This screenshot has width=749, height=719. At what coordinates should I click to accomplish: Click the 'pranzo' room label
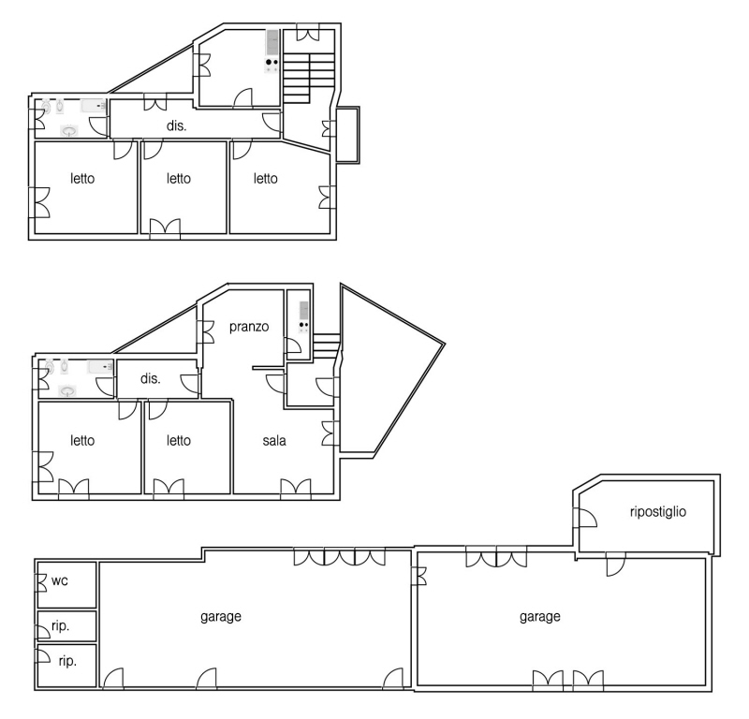coord(249,328)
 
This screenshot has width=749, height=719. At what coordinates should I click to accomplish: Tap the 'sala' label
coord(274,440)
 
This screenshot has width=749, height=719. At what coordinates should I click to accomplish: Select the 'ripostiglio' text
coord(658,512)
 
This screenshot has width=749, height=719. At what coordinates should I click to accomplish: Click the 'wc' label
coord(60,581)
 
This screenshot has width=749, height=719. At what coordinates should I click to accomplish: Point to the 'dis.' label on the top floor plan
coord(176,125)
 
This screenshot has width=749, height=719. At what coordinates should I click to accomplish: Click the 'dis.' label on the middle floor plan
coord(151,379)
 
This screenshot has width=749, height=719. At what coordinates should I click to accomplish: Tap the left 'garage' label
coord(221,617)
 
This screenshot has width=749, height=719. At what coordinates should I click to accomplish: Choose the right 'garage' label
coord(540,617)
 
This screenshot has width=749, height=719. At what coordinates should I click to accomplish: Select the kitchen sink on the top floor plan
coord(272,42)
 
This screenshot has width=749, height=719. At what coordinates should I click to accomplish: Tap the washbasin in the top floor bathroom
coord(69,130)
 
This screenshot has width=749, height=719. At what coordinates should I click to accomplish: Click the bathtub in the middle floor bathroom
coord(100,367)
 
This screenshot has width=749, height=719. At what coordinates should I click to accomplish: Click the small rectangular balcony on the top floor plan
coord(347,135)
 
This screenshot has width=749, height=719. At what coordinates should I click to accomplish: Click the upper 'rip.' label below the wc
coord(60,626)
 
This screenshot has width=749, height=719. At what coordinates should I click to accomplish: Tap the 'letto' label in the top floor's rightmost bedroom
coord(266,179)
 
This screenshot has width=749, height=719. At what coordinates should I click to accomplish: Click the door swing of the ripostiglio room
coord(588,518)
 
